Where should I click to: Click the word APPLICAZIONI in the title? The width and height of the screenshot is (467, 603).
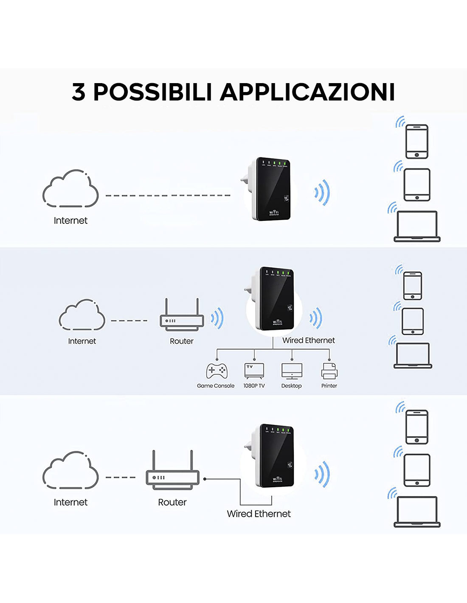(x=308, y=92)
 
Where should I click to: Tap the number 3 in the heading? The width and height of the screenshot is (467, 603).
(x=79, y=92)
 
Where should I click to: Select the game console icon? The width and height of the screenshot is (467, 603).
(x=217, y=371)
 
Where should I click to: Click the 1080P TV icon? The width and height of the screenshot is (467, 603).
(x=254, y=371)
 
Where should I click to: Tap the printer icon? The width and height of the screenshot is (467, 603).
(x=329, y=371)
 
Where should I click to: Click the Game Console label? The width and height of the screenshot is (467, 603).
(x=216, y=386)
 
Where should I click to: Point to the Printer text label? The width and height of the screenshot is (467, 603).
(x=329, y=386)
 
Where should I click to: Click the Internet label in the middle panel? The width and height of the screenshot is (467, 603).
(x=82, y=341)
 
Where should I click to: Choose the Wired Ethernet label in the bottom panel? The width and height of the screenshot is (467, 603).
(x=259, y=514)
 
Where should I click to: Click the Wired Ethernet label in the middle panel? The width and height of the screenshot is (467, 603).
(x=309, y=341)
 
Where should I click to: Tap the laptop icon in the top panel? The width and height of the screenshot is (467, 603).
(x=417, y=226)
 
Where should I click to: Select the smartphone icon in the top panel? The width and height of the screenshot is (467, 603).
(x=417, y=141)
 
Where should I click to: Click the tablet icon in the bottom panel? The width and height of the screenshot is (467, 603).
(x=417, y=470)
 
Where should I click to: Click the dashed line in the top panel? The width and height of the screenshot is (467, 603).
(x=168, y=195)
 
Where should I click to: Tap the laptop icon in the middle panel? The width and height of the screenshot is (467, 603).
(x=413, y=355)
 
